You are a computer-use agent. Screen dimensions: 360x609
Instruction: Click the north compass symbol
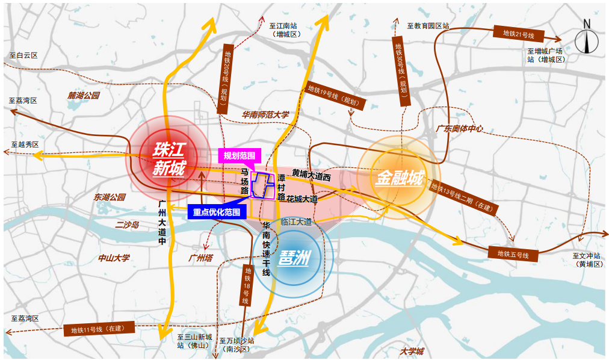click(586, 40)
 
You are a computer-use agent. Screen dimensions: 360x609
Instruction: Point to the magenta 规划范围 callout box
click(240, 155)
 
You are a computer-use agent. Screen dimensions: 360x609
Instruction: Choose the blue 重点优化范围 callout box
click(217, 212)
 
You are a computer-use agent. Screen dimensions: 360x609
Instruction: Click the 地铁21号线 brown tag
click(518, 34)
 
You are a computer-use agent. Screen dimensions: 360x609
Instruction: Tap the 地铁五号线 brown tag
click(513, 254)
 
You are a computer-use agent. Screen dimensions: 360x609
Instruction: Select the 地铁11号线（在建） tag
click(97, 329)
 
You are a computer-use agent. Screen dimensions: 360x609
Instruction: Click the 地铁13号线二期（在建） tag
click(465, 196)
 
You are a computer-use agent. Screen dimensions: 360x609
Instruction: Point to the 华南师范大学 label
click(265, 114)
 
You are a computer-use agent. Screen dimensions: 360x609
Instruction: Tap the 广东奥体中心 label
click(459, 128)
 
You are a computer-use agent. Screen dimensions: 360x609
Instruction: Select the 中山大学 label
click(114, 258)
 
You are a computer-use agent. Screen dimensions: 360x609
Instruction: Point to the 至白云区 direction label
click(23, 55)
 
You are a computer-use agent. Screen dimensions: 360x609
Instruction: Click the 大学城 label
click(412, 352)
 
